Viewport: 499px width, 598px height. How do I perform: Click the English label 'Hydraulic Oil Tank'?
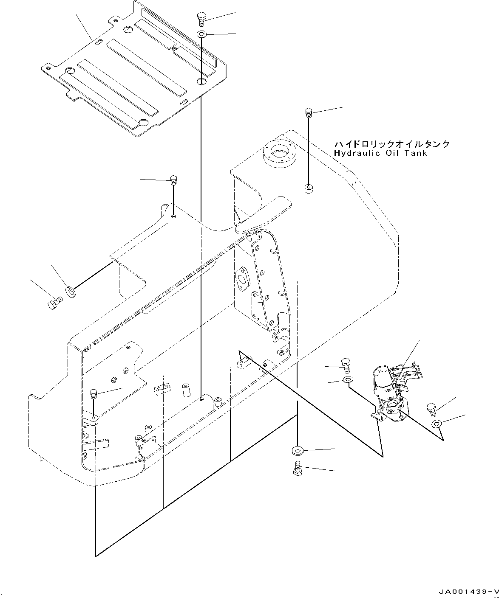(x=380, y=153)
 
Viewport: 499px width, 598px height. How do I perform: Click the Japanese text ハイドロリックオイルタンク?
(x=391, y=144)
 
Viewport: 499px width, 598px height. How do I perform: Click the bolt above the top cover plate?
(x=201, y=19)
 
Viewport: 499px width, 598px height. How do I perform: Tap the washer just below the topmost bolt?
(x=201, y=34)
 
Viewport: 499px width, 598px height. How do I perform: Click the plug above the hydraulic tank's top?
(x=309, y=113)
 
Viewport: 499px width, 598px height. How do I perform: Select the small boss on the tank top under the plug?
(x=309, y=188)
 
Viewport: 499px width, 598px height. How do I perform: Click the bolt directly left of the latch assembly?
(x=346, y=365)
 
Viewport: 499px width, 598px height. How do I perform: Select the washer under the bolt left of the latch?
(x=348, y=379)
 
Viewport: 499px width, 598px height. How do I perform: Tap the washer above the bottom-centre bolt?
(x=297, y=450)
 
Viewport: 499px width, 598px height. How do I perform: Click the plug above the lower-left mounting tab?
(x=94, y=395)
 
